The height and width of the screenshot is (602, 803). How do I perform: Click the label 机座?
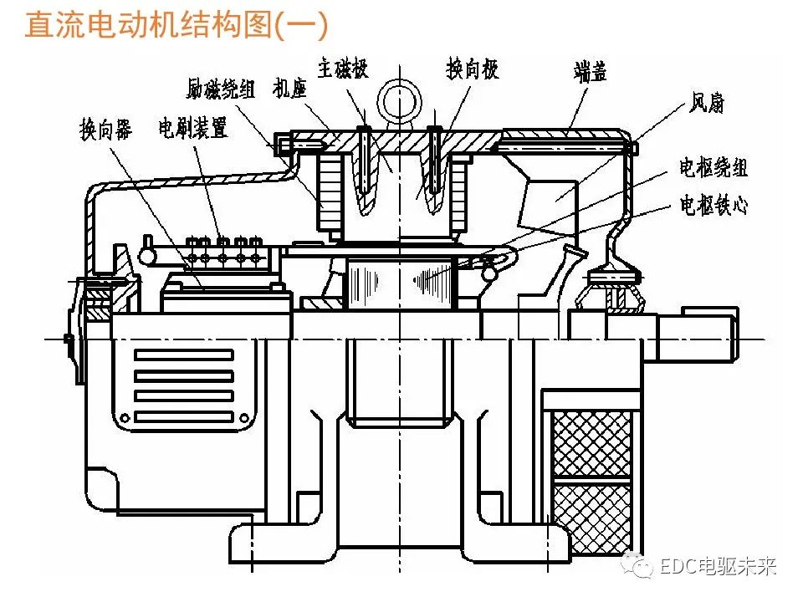pos(290,88)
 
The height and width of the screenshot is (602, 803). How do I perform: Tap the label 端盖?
pos(590,72)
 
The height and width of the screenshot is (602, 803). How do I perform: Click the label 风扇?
pos(706,105)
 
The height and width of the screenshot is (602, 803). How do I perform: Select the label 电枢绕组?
pos(713,168)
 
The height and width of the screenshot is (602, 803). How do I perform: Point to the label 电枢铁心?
pos(713,205)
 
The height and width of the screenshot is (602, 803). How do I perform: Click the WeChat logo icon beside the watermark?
pos(642,568)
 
